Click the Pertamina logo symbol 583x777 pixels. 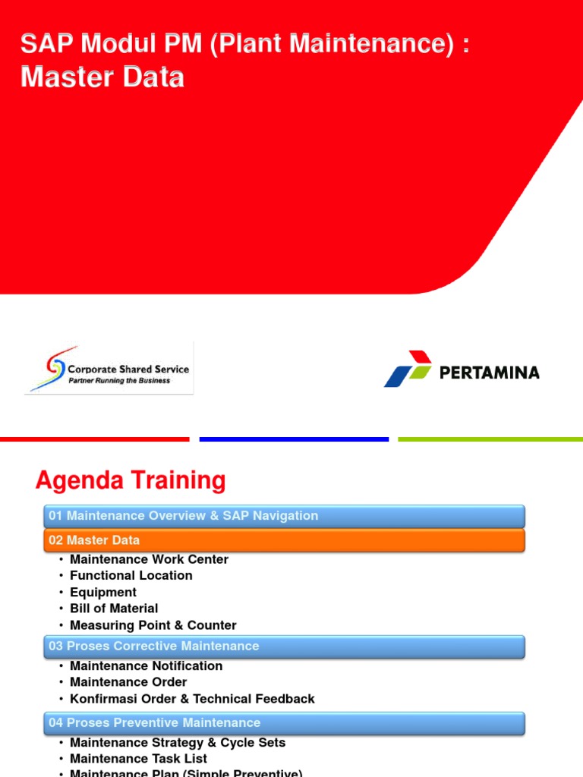point(408,369)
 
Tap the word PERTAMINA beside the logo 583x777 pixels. point(489,373)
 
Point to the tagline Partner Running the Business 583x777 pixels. point(119,381)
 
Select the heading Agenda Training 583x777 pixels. point(131,480)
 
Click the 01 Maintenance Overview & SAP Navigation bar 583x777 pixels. point(284,516)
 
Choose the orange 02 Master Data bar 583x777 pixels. point(284,540)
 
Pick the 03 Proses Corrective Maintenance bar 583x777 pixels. point(284,646)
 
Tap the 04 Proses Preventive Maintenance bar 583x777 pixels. point(284,723)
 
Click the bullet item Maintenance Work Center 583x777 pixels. point(149,559)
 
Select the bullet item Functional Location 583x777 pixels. point(131,575)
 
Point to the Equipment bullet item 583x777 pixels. point(103,592)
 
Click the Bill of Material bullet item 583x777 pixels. point(114,609)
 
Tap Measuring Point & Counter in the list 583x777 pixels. point(153,625)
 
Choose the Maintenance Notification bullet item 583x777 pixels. point(146,665)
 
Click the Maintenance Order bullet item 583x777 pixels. point(128,682)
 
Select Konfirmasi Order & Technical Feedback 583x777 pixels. point(192,699)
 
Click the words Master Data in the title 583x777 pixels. point(102,77)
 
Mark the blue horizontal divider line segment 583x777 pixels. point(294,439)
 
